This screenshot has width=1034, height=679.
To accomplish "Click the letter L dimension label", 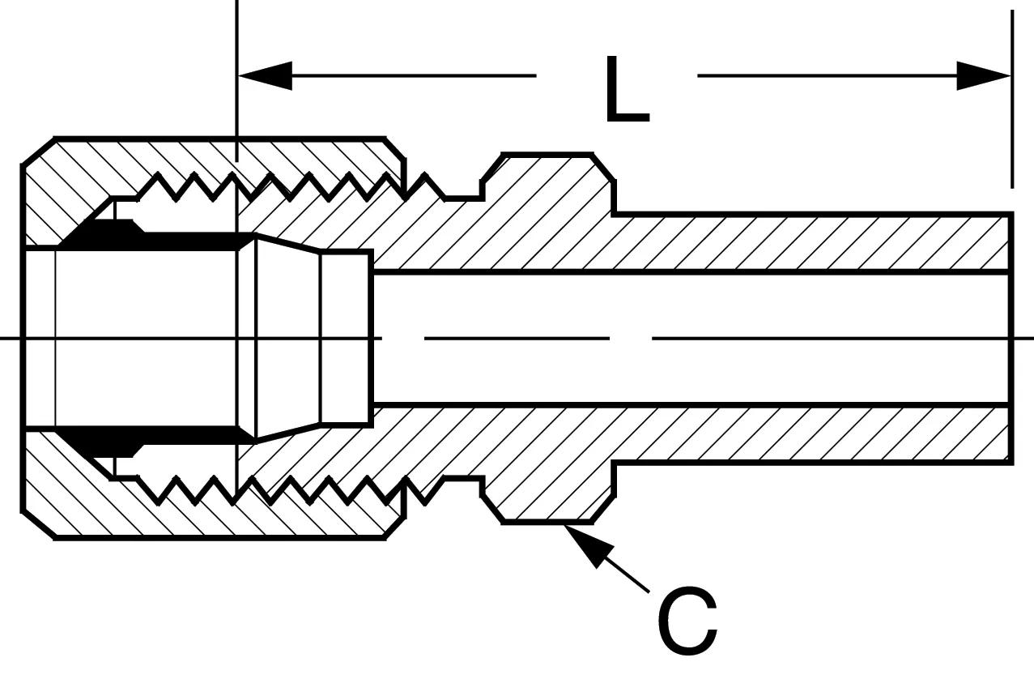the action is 627,90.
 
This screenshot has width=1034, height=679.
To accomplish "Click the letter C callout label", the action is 687,621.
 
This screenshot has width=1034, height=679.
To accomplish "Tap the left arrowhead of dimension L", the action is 265,75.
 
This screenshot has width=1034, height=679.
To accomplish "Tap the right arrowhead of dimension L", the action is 983,75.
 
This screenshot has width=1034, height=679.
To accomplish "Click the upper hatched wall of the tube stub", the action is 808,242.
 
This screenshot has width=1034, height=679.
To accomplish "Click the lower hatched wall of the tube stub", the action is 808,434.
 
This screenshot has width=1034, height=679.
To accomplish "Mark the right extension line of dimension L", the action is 1012,99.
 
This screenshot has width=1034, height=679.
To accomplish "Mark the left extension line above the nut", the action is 236,81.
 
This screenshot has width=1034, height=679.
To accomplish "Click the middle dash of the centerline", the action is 517,339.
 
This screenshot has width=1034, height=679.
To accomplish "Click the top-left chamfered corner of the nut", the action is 38,151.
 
